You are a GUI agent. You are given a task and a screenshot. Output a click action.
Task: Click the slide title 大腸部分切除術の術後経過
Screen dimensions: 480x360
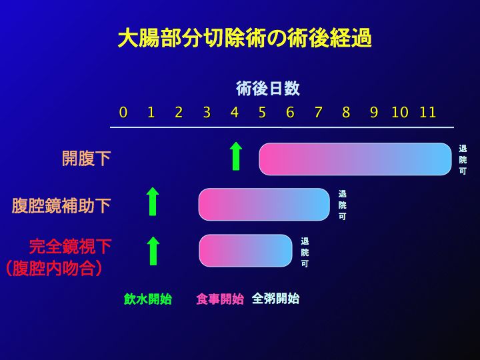click(245, 38)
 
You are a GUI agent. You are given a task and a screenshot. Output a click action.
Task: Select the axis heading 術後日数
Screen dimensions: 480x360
click(268, 89)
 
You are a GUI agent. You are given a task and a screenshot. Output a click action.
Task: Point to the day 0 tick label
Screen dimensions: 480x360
click(123, 113)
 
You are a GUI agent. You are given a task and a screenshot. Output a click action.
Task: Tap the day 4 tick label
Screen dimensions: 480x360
click(235, 113)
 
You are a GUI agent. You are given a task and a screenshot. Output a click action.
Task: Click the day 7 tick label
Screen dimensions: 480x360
click(319, 113)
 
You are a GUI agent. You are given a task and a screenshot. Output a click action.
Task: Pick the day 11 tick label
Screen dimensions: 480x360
click(427, 113)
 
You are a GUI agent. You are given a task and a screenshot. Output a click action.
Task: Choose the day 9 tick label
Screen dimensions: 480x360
click(374, 113)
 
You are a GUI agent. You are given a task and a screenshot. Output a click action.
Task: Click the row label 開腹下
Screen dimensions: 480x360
click(86, 158)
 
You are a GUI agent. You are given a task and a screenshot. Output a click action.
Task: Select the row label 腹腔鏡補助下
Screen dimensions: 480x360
click(61, 205)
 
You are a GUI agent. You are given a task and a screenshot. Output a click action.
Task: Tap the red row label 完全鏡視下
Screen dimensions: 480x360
click(71, 247)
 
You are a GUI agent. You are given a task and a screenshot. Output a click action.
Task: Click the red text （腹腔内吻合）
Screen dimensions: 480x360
click(54, 269)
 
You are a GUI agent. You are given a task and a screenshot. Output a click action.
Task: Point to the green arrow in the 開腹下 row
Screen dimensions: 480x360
click(236, 156)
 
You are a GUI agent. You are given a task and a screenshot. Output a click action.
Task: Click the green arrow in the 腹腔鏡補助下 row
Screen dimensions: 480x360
click(153, 201)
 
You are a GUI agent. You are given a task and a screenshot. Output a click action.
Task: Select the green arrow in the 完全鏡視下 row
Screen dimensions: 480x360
click(153, 251)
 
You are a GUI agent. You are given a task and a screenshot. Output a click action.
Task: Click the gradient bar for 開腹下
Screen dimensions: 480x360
click(355, 159)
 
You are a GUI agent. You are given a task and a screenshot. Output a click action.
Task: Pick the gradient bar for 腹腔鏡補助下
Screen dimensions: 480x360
click(264, 204)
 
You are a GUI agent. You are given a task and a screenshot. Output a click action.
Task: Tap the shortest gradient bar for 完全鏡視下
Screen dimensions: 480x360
click(245, 251)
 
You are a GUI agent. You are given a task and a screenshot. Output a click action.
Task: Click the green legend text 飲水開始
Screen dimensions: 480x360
click(148, 299)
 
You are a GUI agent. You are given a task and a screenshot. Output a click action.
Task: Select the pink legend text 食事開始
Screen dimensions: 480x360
click(220, 299)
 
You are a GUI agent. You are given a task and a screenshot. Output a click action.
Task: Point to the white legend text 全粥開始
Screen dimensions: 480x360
click(275, 299)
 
